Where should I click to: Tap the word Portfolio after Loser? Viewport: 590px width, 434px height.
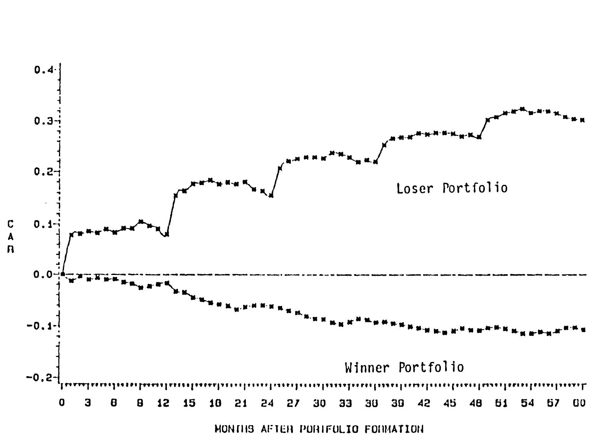coord(475,188)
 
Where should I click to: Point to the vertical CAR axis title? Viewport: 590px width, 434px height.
coord(10,236)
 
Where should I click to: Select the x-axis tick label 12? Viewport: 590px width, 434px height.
coord(163,403)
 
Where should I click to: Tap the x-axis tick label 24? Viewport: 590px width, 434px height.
coord(267,403)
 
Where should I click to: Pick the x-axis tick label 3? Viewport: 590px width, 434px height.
coord(88,403)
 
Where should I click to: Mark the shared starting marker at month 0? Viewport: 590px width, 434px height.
coord(62,274)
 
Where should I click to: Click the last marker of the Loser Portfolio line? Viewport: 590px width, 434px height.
coord(583,120)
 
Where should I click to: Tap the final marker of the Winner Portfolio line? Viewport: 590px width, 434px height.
coord(583,330)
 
